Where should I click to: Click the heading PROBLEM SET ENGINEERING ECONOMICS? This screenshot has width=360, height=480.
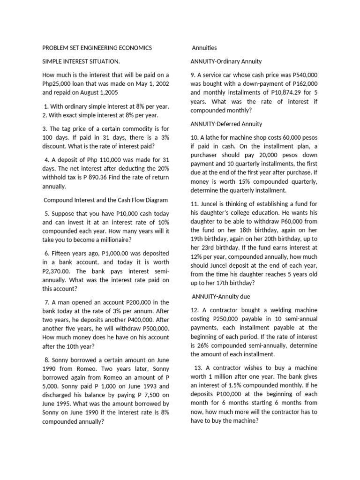(97, 48)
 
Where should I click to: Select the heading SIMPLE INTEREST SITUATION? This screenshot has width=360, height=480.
(81, 61)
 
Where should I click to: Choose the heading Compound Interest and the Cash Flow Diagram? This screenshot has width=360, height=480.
(105, 200)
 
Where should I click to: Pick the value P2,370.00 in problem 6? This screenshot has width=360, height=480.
(59, 271)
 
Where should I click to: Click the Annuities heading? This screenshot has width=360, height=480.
(204, 48)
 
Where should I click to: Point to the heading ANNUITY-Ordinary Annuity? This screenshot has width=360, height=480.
(226, 61)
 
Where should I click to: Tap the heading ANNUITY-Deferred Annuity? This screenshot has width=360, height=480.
(226, 124)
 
